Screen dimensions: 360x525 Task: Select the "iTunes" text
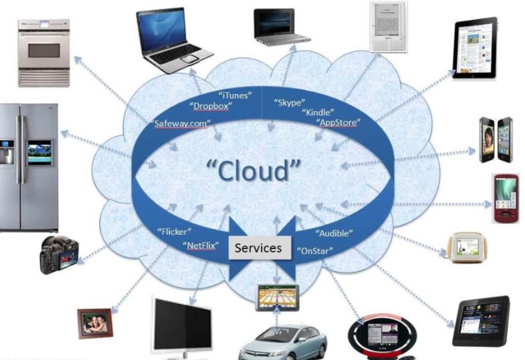click(x=235, y=95)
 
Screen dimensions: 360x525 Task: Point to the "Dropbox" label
click(x=210, y=106)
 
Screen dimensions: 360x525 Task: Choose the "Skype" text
click(x=290, y=102)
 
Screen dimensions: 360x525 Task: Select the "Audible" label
click(x=334, y=233)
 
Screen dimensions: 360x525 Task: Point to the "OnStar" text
click(x=315, y=250)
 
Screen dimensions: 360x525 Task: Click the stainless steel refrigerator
click(x=28, y=166)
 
